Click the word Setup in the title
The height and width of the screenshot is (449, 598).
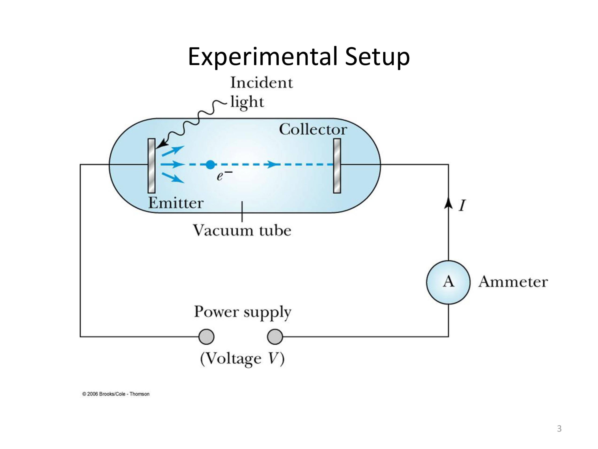tap(377, 57)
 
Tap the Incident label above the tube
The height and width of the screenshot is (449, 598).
tap(261, 82)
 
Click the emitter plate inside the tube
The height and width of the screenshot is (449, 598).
tap(151, 166)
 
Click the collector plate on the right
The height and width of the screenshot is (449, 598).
tap(337, 166)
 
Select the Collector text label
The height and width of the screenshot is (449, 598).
tap(313, 129)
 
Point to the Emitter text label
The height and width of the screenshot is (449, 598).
tap(176, 203)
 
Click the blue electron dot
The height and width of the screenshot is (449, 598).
tap(210, 164)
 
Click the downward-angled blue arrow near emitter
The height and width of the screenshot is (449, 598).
tap(173, 178)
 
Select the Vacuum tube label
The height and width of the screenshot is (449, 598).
tap(242, 231)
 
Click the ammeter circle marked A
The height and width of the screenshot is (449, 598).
tap(448, 282)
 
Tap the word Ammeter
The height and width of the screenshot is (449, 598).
tap(513, 282)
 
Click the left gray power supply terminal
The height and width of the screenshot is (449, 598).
tap(206, 337)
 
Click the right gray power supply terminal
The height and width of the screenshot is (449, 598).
tap(275, 337)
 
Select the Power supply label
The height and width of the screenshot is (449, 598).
tap(242, 312)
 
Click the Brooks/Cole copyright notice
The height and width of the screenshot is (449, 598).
tap(116, 394)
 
